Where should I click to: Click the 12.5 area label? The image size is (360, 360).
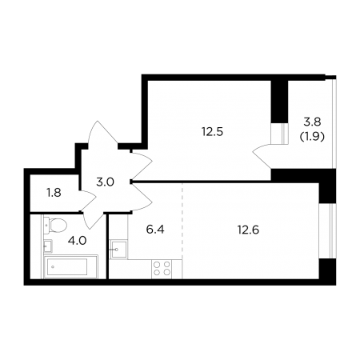212,132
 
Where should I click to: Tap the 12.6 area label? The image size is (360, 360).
248,230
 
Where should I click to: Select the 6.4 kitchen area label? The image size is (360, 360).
155,230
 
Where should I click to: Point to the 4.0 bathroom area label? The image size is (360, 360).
77,241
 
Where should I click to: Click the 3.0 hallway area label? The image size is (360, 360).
106,182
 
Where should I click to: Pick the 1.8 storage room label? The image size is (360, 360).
54,193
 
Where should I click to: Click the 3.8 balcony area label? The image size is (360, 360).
312,122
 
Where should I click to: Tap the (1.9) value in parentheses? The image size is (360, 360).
312,137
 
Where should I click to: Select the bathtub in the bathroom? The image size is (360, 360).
71,266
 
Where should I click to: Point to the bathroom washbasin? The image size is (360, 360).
48,246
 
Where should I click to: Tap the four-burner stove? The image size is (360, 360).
162,269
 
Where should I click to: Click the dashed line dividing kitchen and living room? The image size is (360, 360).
182,230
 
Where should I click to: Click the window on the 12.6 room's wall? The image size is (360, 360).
327,231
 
